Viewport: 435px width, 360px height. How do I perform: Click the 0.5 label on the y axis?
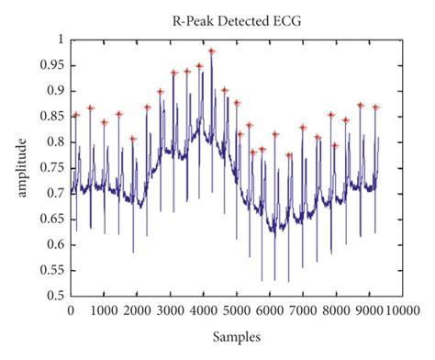coord(58,297)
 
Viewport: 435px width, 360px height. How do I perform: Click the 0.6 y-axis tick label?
coord(58,245)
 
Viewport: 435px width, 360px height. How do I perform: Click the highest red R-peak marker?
coord(211,51)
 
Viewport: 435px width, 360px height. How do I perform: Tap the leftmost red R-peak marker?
coord(76,115)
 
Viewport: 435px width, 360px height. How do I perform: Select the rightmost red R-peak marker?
coord(375,107)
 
